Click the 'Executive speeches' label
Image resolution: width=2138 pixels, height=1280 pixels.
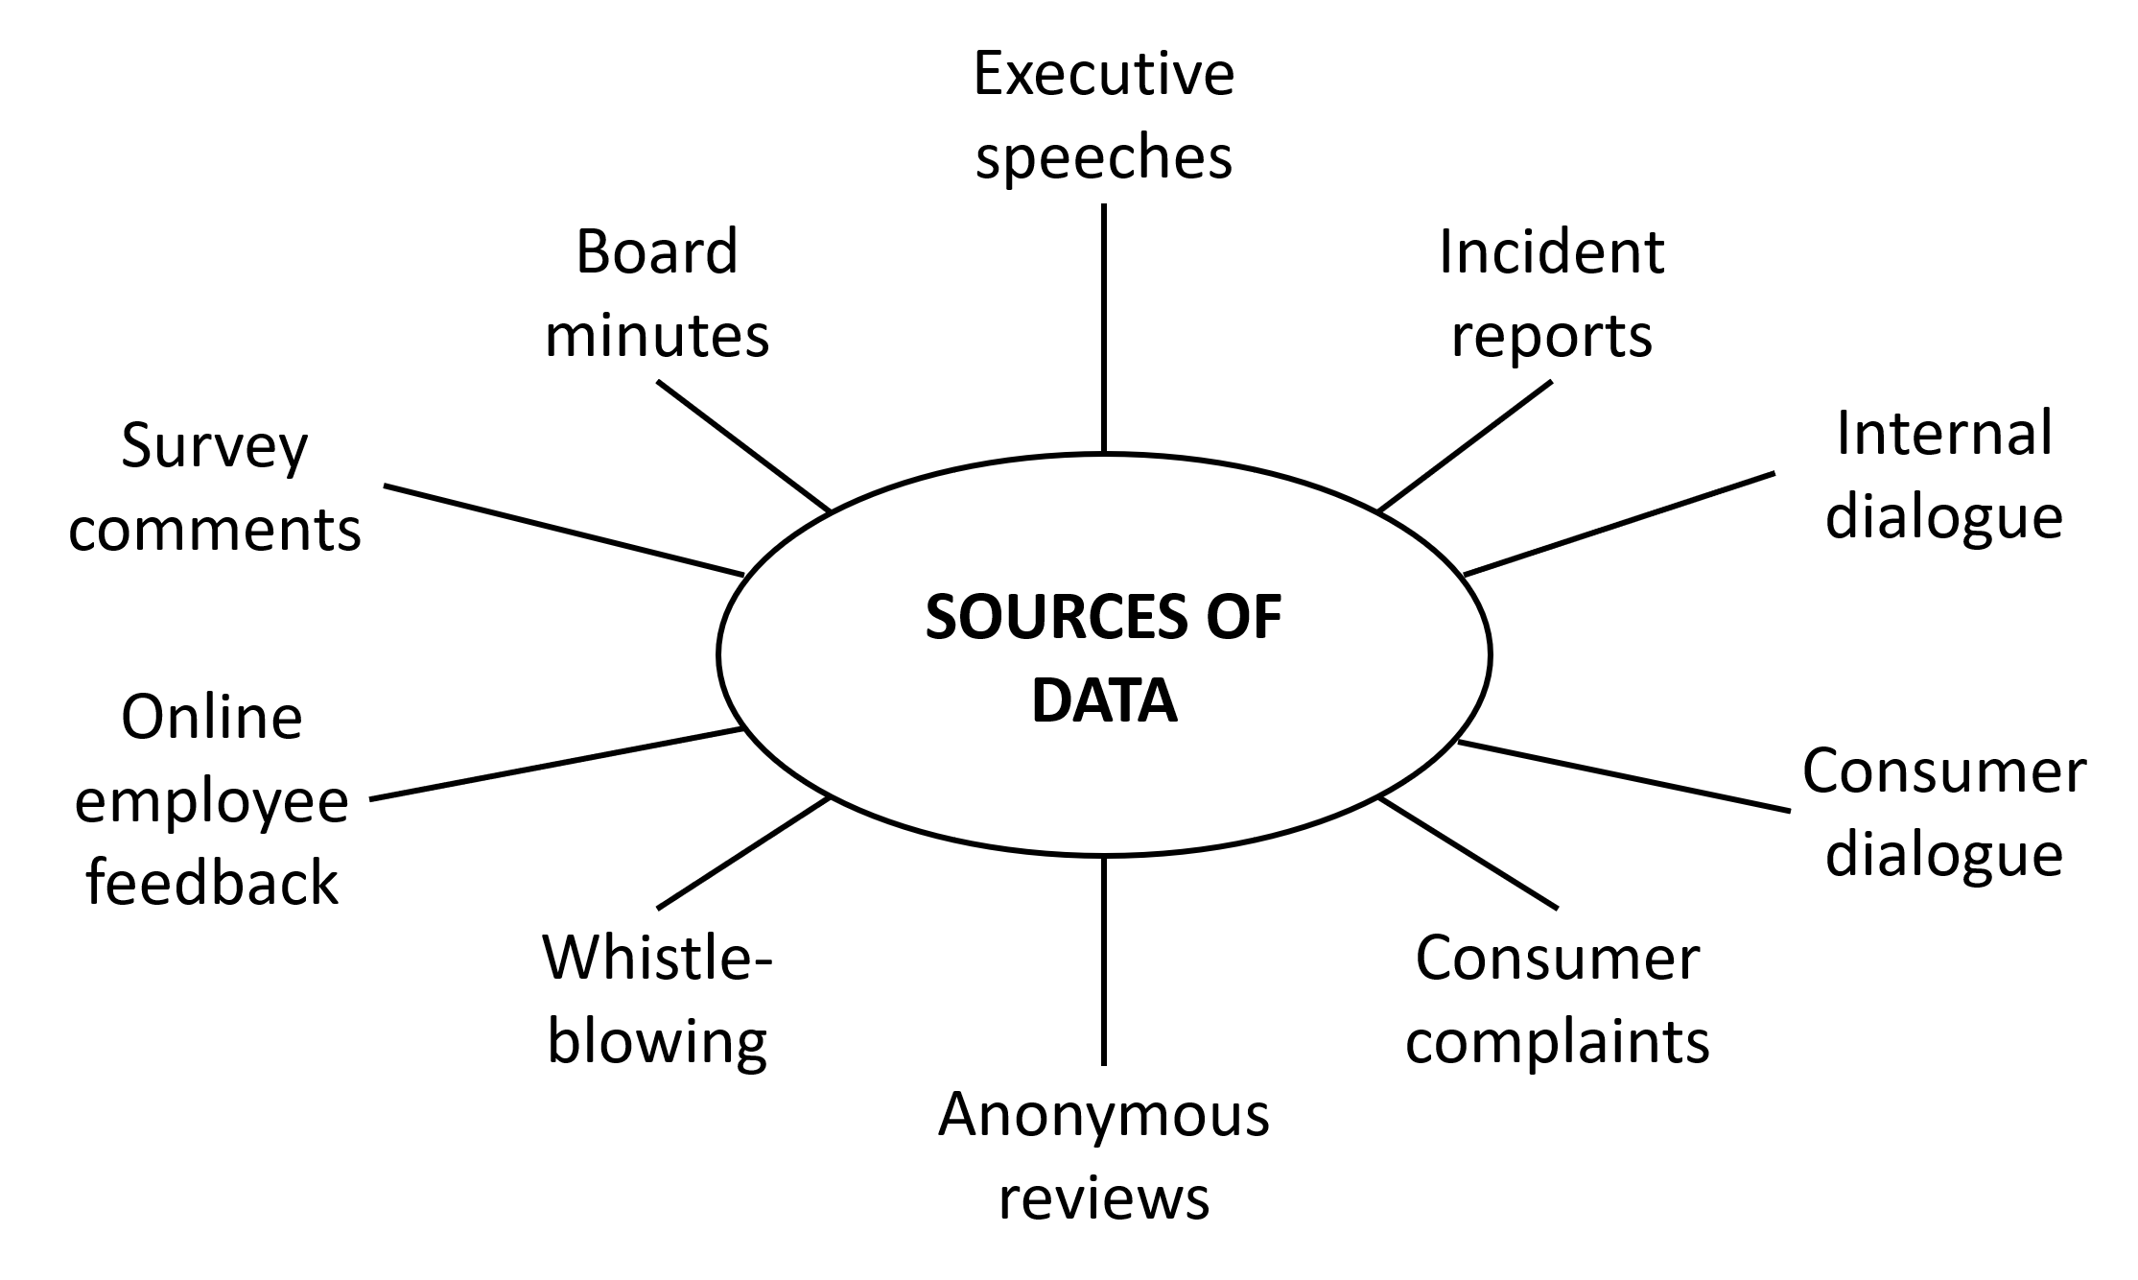[x=1103, y=115]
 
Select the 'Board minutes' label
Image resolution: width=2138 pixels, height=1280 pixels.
[x=657, y=293]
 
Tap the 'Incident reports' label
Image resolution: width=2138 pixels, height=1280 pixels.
[x=1551, y=293]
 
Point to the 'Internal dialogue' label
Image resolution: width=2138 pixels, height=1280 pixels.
[x=1943, y=475]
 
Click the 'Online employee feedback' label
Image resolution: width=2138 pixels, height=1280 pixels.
[x=212, y=798]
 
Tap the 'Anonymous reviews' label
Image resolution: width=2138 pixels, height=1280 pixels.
[x=1103, y=1156]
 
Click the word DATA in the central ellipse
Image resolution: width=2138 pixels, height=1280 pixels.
[x=1104, y=701]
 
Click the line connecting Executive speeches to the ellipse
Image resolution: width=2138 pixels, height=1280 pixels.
[x=1104, y=326]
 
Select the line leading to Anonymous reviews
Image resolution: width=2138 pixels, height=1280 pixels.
[x=1104, y=960]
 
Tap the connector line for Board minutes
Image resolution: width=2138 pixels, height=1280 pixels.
[x=743, y=445]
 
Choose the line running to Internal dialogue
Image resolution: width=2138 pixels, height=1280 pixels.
[x=1619, y=523]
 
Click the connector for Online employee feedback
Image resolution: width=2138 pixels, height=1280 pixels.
[x=556, y=763]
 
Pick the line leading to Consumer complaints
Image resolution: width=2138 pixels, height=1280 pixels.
[x=1468, y=852]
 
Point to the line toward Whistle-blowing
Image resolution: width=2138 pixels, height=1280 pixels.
[x=743, y=852]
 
